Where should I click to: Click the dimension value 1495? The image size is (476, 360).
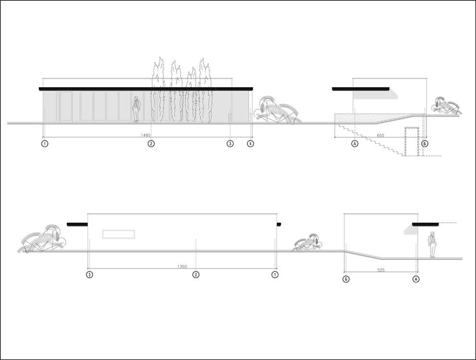pyautogui.click(x=146, y=135)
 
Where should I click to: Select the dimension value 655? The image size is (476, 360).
pyautogui.click(x=381, y=136)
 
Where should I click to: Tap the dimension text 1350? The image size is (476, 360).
pyautogui.click(x=182, y=267)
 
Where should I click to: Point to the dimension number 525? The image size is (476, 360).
pyautogui.click(x=381, y=270)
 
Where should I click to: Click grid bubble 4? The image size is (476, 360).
pyautogui.click(x=251, y=144)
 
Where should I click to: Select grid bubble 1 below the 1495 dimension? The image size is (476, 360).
pyautogui.click(x=45, y=144)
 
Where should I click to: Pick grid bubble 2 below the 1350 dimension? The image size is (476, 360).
pyautogui.click(x=196, y=275)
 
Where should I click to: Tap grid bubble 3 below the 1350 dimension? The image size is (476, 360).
pyautogui.click(x=89, y=275)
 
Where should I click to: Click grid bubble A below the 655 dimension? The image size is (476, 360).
pyautogui.click(x=354, y=144)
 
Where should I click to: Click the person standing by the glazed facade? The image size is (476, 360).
pyautogui.click(x=136, y=109)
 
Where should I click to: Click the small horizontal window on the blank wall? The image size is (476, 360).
pyautogui.click(x=119, y=234)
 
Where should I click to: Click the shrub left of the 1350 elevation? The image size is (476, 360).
pyautogui.click(x=43, y=240)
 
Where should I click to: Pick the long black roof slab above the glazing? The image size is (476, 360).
pyautogui.click(x=146, y=89)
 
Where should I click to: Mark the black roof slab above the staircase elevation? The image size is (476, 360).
pyautogui.click(x=361, y=89)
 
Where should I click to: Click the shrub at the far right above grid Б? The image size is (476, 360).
pyautogui.click(x=445, y=106)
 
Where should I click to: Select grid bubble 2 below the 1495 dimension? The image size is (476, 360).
pyautogui.click(x=151, y=144)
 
